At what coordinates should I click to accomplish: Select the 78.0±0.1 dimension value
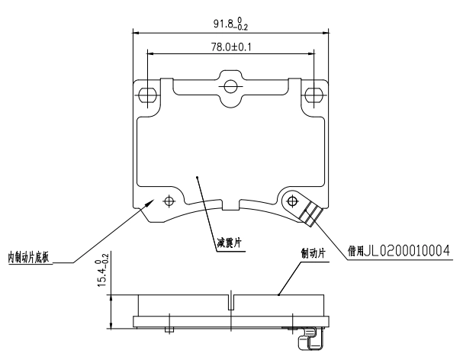click(x=231, y=46)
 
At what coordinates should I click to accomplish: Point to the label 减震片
click(x=230, y=243)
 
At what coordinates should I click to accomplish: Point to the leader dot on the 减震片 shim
click(x=197, y=176)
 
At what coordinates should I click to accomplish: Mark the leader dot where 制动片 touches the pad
click(x=279, y=294)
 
